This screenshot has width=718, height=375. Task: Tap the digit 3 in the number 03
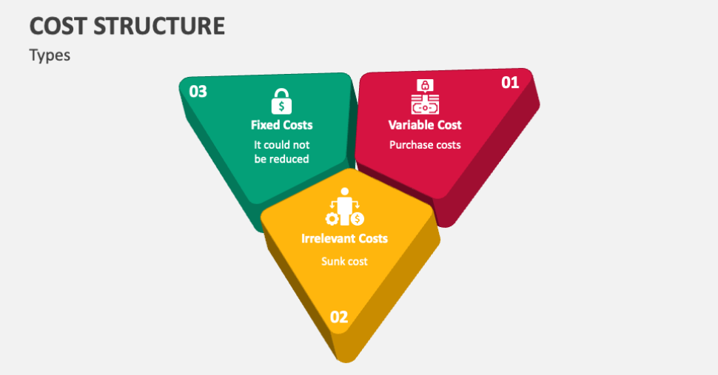click(202, 92)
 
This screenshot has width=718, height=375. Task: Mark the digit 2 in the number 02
click(343, 317)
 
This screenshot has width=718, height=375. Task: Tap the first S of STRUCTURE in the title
click(101, 26)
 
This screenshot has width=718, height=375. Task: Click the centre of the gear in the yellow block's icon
click(332, 219)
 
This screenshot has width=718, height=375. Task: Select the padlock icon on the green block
click(281, 101)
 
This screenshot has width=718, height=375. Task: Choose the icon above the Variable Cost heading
click(425, 97)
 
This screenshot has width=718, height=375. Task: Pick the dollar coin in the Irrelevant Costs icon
click(358, 219)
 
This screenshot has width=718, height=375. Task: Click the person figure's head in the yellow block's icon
click(345, 192)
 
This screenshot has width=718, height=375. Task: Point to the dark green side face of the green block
click(220, 169)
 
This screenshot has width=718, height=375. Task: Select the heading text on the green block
click(281, 125)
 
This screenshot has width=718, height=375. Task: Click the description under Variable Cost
click(425, 145)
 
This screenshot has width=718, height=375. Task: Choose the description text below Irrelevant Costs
click(344, 261)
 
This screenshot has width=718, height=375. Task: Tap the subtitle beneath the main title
click(50, 55)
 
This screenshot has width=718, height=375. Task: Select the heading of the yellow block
click(344, 238)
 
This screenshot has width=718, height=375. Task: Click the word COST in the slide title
click(58, 26)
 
